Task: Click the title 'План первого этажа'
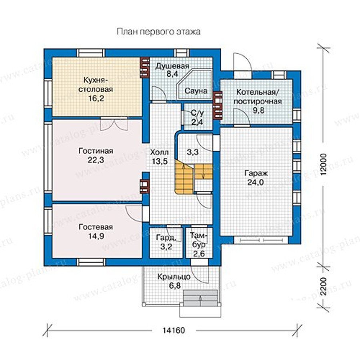(x=158, y=32)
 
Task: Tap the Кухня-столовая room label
(x=96, y=84)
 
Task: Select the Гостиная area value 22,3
(x=96, y=160)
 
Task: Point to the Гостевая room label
(x=96, y=227)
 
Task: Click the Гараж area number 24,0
(x=256, y=182)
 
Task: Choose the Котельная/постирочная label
(x=258, y=97)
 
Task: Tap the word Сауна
(x=196, y=91)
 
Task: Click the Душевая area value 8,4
(x=173, y=74)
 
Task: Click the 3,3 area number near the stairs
(x=193, y=152)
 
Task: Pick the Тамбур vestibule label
(x=199, y=240)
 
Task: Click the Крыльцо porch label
(x=174, y=277)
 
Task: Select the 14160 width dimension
(x=174, y=330)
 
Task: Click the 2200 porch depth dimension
(x=324, y=286)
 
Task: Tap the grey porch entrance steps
(x=200, y=298)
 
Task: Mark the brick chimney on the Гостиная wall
(x=144, y=186)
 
